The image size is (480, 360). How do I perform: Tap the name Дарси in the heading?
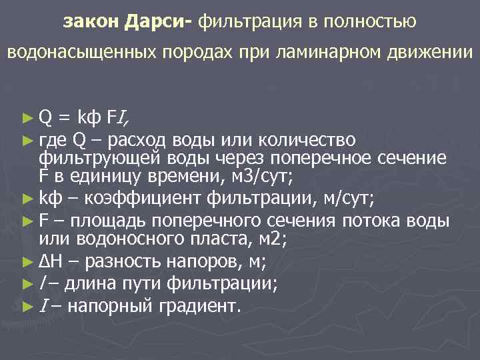(x=155, y=22)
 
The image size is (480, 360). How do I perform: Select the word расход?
(x=138, y=139)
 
